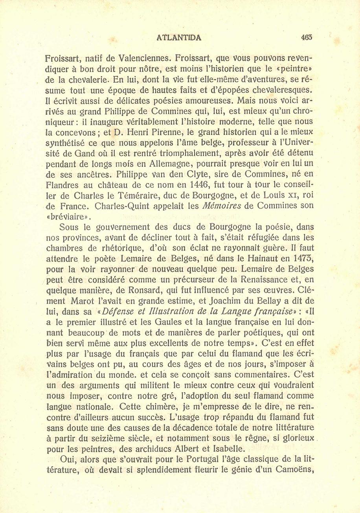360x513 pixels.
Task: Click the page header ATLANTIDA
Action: point(179,38)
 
